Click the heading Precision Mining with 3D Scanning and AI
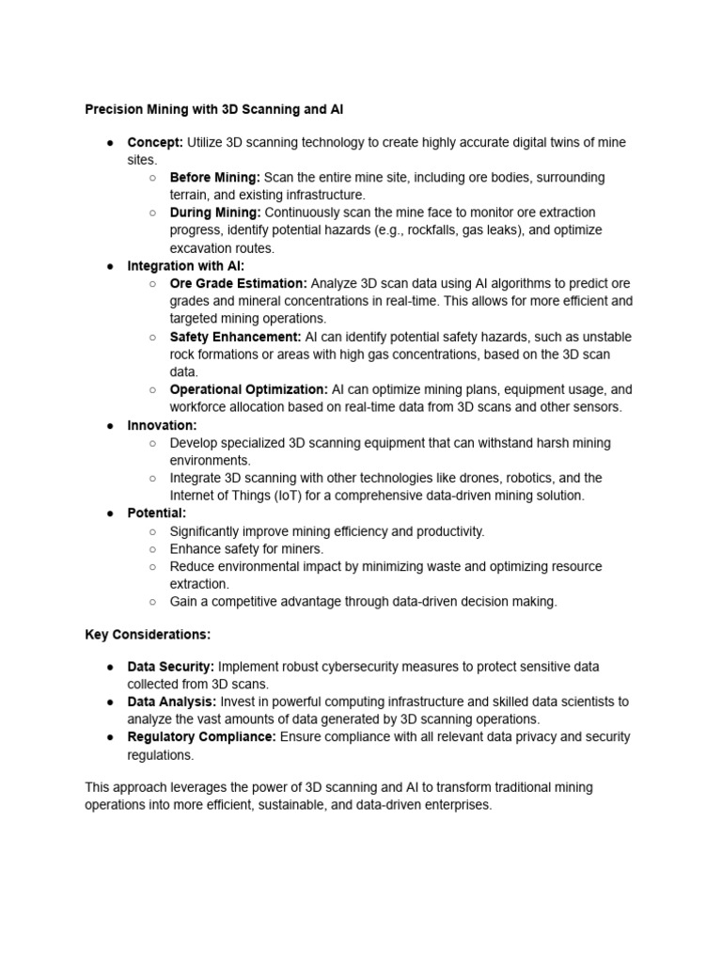pyautogui.click(x=214, y=109)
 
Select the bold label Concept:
pyautogui.click(x=155, y=142)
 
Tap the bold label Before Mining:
pyautogui.click(x=215, y=177)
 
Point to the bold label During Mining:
pyautogui.click(x=215, y=213)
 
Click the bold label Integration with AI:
pyautogui.click(x=186, y=266)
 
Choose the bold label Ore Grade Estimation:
pyautogui.click(x=238, y=283)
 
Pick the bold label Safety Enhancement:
pyautogui.click(x=235, y=337)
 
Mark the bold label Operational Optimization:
pyautogui.click(x=249, y=389)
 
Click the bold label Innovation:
pyautogui.click(x=163, y=425)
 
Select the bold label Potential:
pyautogui.click(x=157, y=513)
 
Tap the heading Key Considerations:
pyautogui.click(x=148, y=634)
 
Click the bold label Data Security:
pyautogui.click(x=171, y=667)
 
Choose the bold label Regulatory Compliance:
pyautogui.click(x=202, y=736)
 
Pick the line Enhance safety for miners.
pyautogui.click(x=246, y=549)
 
